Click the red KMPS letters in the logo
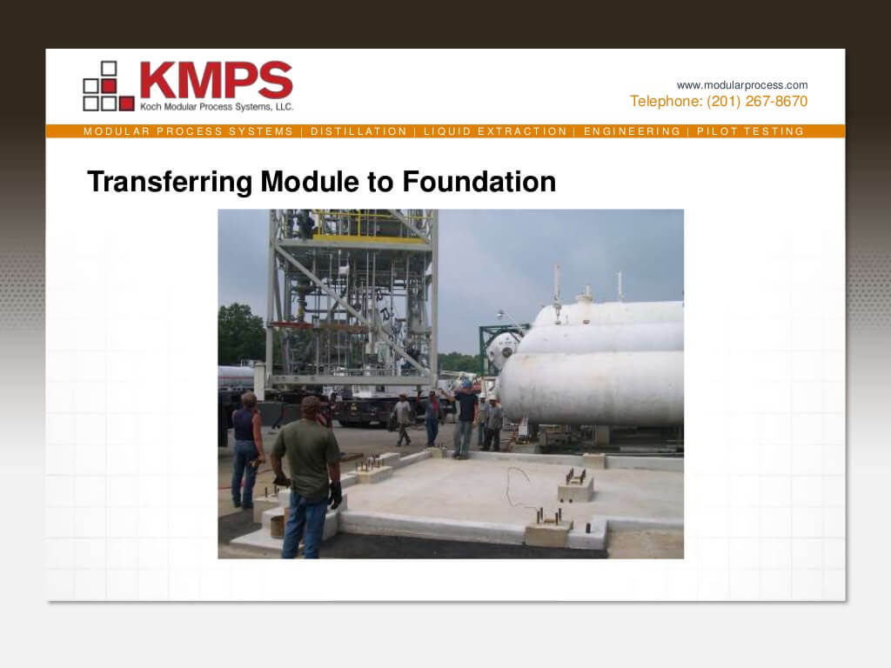216,80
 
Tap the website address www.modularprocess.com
741,85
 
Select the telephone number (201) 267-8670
757,101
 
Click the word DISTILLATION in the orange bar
358,131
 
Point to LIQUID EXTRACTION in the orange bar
495,131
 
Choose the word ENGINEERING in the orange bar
632,131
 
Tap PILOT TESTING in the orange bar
751,131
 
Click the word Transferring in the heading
170,183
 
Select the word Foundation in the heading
479,182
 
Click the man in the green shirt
307,478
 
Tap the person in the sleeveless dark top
246,449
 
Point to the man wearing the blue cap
466,419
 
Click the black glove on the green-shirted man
335,495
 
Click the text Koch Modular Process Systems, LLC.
217,107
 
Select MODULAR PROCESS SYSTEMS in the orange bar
188,131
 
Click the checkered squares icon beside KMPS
109,86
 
